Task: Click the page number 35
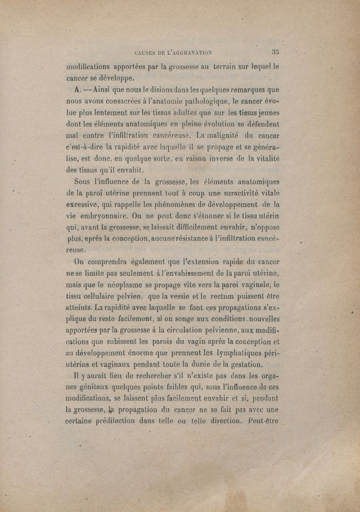click(x=275, y=51)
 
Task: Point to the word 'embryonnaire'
click(x=101, y=217)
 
